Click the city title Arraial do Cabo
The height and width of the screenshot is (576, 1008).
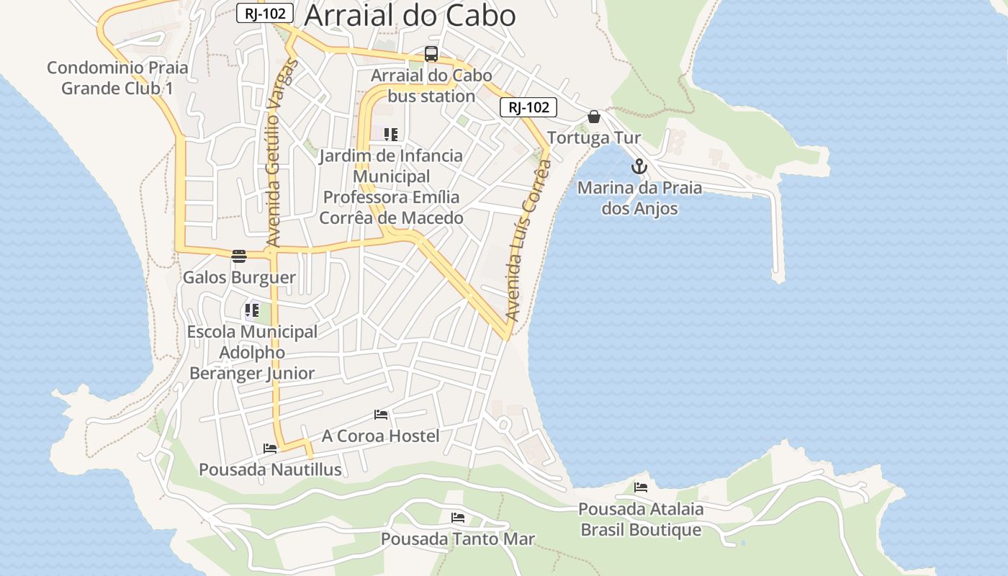coord(410,15)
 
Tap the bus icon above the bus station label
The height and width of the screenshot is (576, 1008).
coord(431,54)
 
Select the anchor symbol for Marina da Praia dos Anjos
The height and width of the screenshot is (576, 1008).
coord(639,167)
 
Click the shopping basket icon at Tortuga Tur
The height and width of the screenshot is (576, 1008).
coord(594,117)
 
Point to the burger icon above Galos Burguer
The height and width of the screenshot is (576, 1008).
coord(239,256)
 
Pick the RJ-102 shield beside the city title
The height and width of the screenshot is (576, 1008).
coord(264,13)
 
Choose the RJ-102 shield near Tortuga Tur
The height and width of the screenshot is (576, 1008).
coord(528,107)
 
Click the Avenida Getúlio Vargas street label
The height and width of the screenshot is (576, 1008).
coord(282,153)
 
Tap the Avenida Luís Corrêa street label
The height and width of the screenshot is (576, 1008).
coord(528,240)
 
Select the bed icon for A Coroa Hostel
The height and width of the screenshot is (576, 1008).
coord(381,415)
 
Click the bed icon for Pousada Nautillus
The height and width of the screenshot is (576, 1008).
coord(270,448)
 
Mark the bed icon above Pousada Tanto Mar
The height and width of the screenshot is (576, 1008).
coord(457,518)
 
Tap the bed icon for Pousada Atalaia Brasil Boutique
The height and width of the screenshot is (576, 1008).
coord(640,487)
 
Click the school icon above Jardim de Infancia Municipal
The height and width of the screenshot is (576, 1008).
coord(391,134)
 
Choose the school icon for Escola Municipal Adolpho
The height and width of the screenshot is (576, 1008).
coord(251,311)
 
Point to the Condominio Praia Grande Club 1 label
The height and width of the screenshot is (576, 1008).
coord(117,78)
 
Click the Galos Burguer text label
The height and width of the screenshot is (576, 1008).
coord(239,277)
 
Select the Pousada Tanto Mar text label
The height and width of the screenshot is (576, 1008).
coord(457,539)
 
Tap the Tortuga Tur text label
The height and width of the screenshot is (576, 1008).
coord(594,138)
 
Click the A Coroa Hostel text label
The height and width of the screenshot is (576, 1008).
coord(380,436)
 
